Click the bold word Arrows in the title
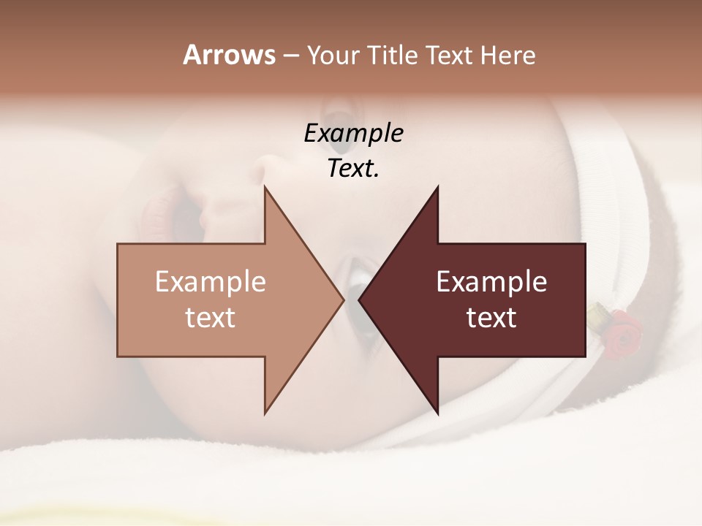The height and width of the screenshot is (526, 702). [228, 55]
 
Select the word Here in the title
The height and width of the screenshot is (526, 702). [507, 55]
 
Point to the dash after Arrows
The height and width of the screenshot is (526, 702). [290, 56]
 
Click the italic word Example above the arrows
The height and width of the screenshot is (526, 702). [353, 134]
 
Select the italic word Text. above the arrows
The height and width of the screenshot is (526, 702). [353, 169]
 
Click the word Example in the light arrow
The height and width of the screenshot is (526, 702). [211, 281]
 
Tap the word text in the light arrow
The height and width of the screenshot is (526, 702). [211, 318]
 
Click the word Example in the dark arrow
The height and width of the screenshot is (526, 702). [491, 281]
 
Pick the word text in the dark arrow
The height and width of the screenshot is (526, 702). [491, 318]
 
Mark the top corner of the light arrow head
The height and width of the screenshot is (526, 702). [265, 188]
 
